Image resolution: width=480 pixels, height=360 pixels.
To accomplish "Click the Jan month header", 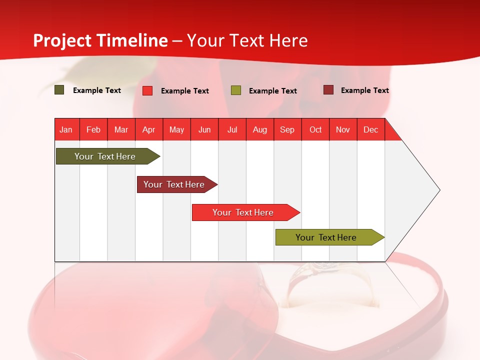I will (x=66, y=129).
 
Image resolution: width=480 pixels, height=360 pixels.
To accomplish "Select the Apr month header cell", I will (x=149, y=129).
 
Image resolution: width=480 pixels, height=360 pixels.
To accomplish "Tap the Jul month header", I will (x=232, y=129).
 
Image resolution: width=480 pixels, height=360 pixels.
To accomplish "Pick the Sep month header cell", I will (x=287, y=129).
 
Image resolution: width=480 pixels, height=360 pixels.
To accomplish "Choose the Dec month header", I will (x=370, y=129).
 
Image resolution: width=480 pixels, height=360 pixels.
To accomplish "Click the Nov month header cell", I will (x=343, y=129).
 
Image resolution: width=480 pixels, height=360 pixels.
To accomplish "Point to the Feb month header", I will (x=93, y=129).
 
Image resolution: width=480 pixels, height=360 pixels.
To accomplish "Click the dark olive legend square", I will (x=59, y=90).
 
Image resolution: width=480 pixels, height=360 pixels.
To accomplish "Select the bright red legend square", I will (x=147, y=90).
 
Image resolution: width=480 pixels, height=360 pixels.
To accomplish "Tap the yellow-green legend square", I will (x=236, y=90).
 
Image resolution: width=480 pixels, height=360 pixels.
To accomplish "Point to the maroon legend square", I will (x=328, y=90).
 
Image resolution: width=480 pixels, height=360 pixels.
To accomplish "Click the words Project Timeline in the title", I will (x=100, y=40).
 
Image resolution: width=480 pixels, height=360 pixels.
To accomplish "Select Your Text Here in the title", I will (x=247, y=40).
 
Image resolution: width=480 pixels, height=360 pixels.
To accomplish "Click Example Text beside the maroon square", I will (x=364, y=90).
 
